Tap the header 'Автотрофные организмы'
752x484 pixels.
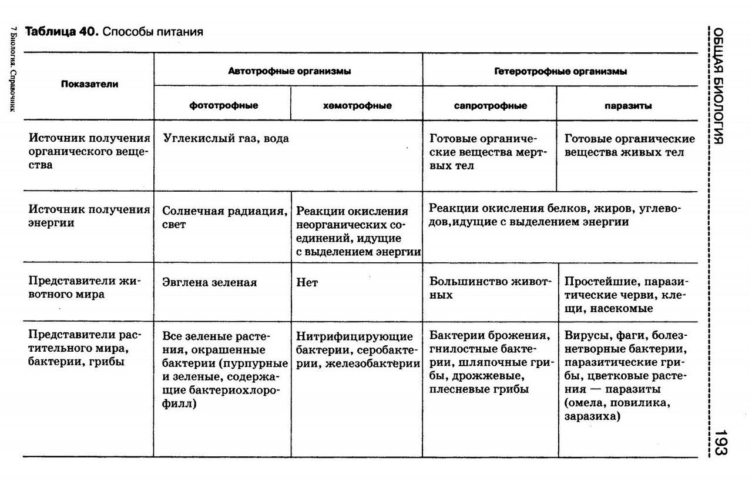click(290, 71)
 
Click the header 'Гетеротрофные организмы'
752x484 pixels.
click(560, 71)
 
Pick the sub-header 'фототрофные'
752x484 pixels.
click(224, 106)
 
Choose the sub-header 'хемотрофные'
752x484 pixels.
click(357, 106)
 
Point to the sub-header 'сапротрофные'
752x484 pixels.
click(491, 106)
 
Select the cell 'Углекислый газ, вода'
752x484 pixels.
click(226, 139)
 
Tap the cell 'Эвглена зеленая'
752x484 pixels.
click(210, 282)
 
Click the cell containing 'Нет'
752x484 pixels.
click(307, 282)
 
